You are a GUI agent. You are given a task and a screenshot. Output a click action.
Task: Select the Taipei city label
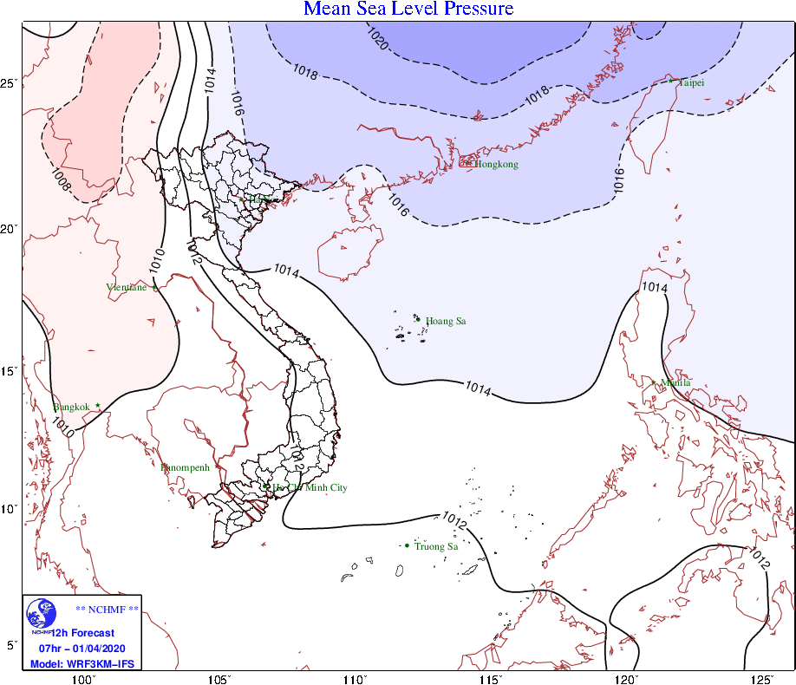pos(692,83)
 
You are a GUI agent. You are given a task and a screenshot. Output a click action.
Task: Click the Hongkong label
pos(496,165)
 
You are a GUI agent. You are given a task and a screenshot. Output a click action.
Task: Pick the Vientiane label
pos(127,288)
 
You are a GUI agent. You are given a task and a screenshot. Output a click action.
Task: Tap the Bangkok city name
pos(71,408)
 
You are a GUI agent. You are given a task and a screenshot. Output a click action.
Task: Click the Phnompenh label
pos(186,468)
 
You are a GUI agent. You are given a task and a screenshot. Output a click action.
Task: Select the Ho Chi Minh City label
pos(310,488)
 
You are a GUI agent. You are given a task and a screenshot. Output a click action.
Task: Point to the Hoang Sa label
pos(446,322)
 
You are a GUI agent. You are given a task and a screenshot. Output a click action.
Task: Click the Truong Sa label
pos(436,546)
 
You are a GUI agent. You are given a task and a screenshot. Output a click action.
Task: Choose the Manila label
pos(675,382)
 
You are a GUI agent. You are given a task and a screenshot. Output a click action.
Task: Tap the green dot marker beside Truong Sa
pos(407,545)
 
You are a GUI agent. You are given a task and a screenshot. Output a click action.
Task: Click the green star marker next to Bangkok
pos(98,405)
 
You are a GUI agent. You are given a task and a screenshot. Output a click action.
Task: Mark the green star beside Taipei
pos(671,81)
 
